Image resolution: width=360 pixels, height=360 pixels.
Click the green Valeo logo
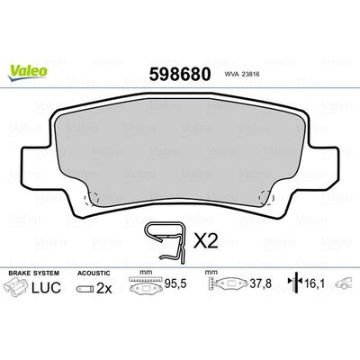tap(23, 12)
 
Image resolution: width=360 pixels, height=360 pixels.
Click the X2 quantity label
tap(206, 239)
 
